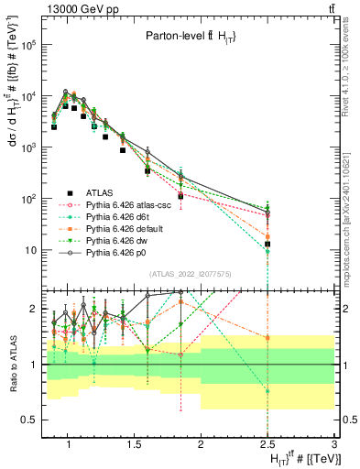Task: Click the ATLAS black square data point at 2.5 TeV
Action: pos(267,244)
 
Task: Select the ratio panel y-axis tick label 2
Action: pos(33,309)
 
